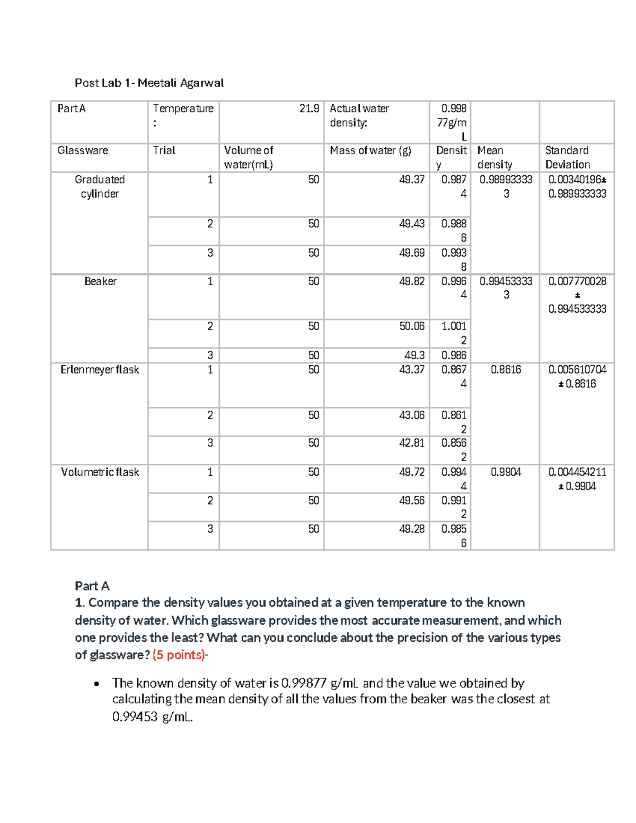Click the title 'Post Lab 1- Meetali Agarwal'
coord(149,83)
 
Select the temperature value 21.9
coord(309,109)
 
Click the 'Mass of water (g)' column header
coord(370,151)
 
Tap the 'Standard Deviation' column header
coord(567,157)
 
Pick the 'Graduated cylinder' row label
coord(100,187)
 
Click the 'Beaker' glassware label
coord(100,281)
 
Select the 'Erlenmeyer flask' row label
coord(100,369)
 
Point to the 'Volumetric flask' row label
coord(100,472)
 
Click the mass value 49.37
coord(412,180)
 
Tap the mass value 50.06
coord(412,326)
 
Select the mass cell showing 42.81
coord(412,443)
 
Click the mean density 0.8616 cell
coord(506,369)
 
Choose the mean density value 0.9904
coord(506,472)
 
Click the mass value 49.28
coord(412,529)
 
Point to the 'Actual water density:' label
coord(359,116)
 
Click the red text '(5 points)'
coord(179,655)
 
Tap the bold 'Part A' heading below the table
coord(92,586)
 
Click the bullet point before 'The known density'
coord(96,684)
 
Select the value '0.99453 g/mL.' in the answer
coord(153,717)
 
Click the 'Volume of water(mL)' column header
coord(248,157)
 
